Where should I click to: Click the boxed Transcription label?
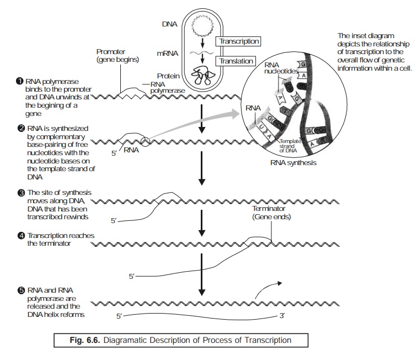tap(239, 41)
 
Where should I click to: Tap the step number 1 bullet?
tap(19, 82)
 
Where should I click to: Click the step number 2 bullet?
tap(20, 129)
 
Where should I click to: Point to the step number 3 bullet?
tap(20, 192)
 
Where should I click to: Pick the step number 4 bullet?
tap(20, 236)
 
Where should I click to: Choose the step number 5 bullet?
tap(20, 290)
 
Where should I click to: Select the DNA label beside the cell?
tap(170, 25)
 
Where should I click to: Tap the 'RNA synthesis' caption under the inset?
tap(293, 163)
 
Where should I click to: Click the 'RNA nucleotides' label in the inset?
tap(280, 68)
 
